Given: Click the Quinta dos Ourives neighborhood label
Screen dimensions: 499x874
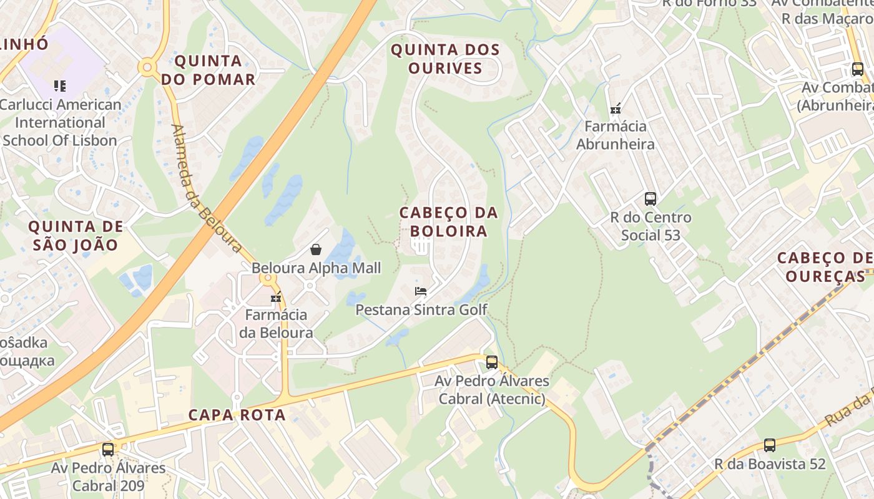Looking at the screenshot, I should pos(445,59).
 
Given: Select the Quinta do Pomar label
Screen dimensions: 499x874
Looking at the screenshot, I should pos(209,70).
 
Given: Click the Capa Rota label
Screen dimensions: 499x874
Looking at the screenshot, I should pos(237,415).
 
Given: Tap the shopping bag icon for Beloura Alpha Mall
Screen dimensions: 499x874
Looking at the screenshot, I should pos(316,250).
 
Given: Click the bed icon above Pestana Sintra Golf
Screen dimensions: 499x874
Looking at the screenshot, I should pos(421,291).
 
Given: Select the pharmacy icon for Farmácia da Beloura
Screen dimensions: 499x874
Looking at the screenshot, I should pos(275,298).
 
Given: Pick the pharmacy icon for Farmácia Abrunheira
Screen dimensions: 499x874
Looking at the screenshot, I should pos(616,109).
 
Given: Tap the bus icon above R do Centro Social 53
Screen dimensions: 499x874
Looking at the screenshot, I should pos(651,199).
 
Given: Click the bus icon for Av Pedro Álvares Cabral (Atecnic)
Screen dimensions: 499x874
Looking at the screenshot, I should pos(492,362).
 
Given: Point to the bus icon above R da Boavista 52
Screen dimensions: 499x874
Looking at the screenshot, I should pos(770,445).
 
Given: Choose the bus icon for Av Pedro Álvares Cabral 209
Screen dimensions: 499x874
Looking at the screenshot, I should pos(108,449).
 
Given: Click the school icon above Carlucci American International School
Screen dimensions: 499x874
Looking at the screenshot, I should pos(59,85).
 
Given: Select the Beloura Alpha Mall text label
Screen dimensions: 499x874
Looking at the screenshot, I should pos(316,268).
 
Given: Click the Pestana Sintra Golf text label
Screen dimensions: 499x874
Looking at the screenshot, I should pos(421,309).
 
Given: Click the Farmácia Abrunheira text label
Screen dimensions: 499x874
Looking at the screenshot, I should pos(615,135).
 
